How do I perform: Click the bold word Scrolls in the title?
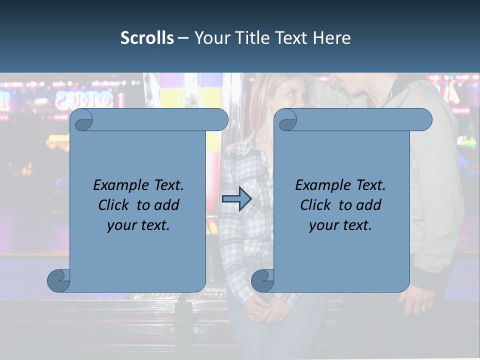click(x=147, y=38)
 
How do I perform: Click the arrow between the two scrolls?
click(x=236, y=199)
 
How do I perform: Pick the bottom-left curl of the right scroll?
click(x=262, y=280)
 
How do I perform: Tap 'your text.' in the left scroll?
click(x=138, y=225)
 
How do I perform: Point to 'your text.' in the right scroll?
click(x=340, y=225)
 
